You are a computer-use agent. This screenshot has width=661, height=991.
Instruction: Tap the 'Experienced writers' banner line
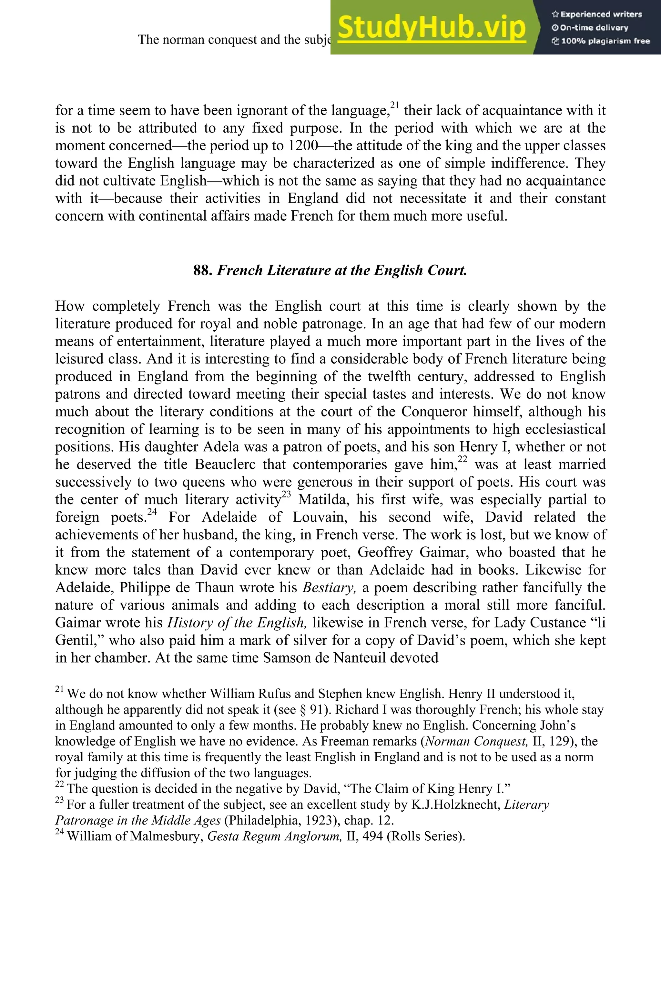coord(596,14)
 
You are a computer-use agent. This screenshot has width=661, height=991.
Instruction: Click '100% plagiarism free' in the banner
coord(601,41)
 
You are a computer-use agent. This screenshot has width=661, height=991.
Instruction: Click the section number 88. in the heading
coord(203,270)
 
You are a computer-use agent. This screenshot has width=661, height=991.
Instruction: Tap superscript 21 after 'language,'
coord(395,105)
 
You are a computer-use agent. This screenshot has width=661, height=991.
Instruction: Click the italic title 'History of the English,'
coord(236,623)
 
